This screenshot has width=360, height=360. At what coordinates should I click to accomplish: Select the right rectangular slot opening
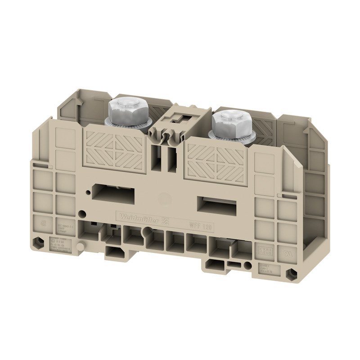(219, 205)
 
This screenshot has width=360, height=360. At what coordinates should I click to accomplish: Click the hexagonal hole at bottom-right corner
(293, 272)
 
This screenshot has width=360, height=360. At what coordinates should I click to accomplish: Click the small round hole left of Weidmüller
(82, 213)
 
